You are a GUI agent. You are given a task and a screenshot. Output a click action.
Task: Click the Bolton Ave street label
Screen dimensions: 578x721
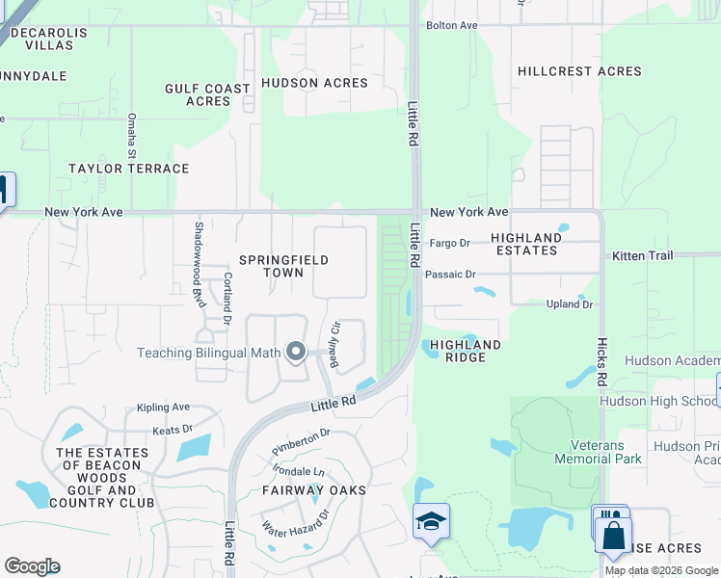(x=452, y=25)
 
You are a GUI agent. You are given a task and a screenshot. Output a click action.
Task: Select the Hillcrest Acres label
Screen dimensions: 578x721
(x=579, y=71)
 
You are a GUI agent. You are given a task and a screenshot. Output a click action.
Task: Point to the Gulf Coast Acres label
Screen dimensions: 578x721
(x=207, y=94)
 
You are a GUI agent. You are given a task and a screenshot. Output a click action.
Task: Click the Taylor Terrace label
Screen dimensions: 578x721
(x=128, y=169)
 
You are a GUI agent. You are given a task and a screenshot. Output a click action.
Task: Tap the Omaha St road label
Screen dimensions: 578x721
(x=132, y=135)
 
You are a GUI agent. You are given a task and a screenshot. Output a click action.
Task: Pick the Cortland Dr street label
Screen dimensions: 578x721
(x=227, y=297)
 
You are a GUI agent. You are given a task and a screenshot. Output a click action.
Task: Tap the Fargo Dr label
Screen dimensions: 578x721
(x=449, y=244)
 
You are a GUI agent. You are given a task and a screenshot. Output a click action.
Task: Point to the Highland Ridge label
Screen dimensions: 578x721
(x=465, y=351)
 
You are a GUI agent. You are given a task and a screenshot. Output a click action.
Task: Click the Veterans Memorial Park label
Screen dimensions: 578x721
(x=597, y=452)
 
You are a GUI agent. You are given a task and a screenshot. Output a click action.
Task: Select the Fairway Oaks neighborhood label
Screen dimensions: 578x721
(x=314, y=490)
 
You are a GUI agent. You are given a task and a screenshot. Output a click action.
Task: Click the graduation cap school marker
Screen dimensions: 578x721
(x=431, y=522)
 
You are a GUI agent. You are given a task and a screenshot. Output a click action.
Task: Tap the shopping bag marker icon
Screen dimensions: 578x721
(x=613, y=533)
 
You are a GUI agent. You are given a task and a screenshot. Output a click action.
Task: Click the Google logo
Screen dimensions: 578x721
(x=32, y=566)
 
